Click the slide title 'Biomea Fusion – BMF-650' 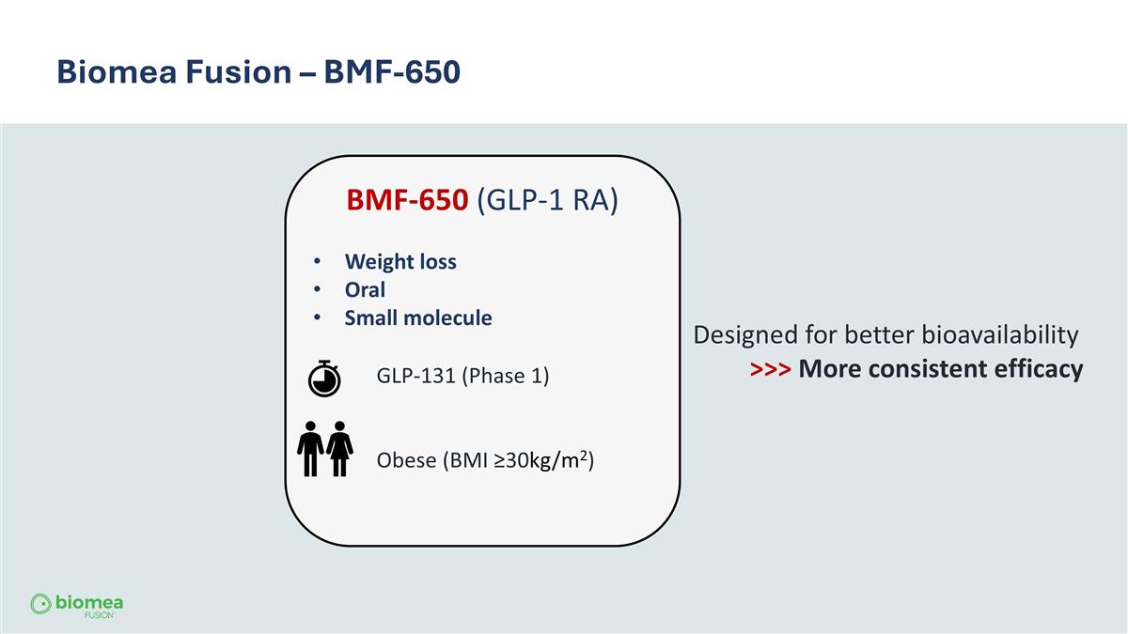258,71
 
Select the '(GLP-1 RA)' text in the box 547,201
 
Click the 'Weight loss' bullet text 400,262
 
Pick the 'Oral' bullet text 365,290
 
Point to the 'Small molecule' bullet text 418,318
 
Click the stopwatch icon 324,377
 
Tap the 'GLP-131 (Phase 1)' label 462,377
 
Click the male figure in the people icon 310,449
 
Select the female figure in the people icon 339,449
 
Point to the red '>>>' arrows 771,369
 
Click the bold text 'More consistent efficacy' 940,369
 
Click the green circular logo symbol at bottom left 40,603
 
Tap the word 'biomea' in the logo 89,601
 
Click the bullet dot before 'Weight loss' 319,262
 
